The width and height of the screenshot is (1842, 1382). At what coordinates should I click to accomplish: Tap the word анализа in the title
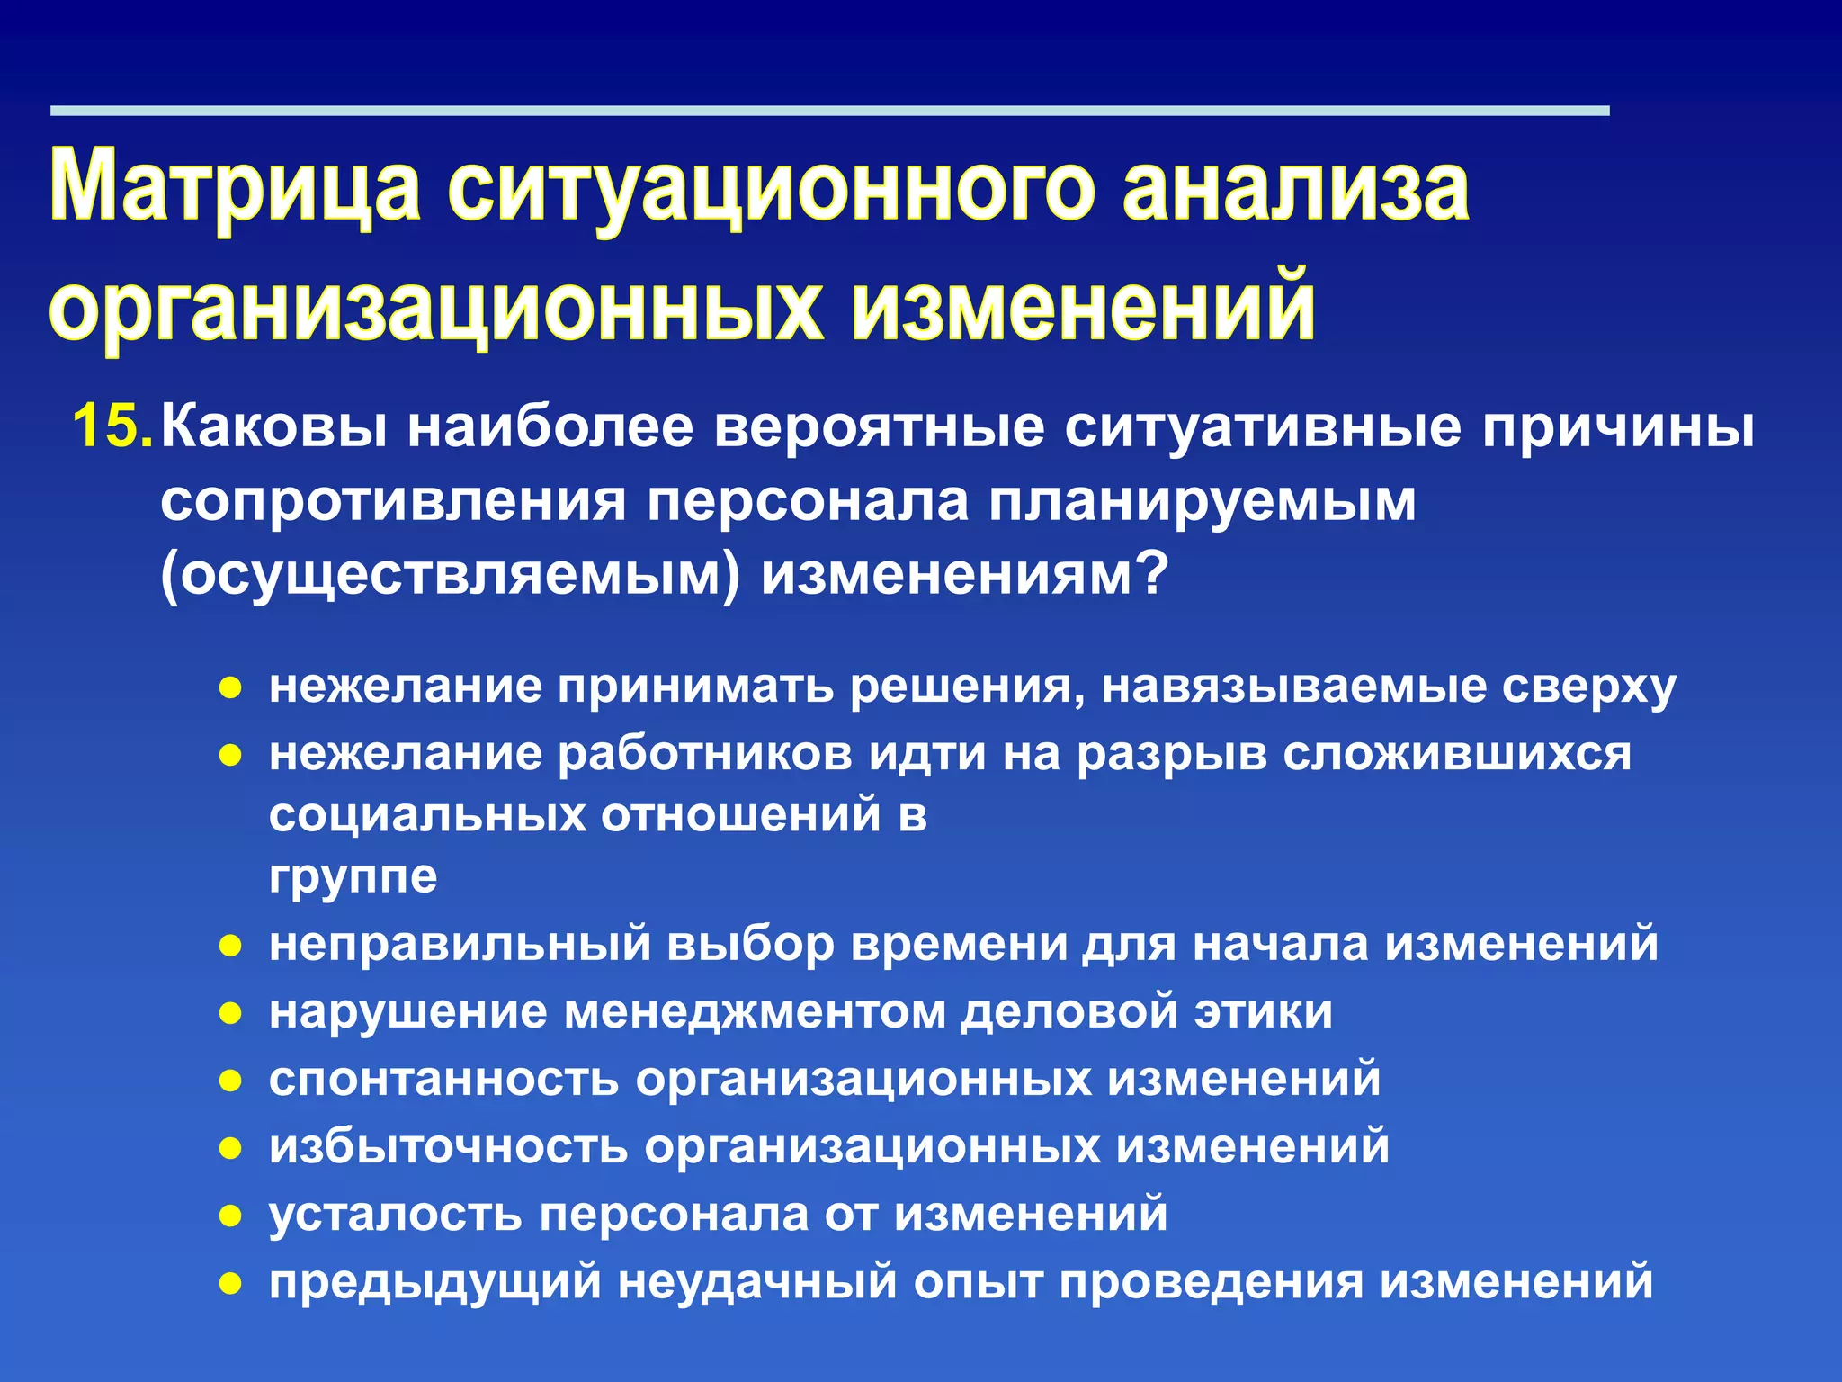(x=1295, y=187)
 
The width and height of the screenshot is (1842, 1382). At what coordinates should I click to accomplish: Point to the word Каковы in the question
(x=273, y=426)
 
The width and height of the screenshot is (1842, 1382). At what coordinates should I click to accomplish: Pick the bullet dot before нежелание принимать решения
(x=231, y=689)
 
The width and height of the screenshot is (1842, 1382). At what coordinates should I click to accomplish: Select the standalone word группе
(x=353, y=876)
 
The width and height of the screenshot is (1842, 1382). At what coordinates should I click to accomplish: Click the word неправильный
(x=460, y=944)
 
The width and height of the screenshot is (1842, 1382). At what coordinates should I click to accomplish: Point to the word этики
(x=1263, y=1011)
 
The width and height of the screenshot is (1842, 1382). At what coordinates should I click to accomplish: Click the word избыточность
(x=448, y=1146)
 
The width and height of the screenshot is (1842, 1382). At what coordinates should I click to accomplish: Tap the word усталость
(x=395, y=1214)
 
